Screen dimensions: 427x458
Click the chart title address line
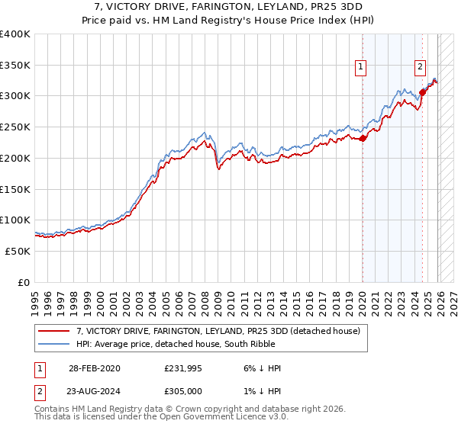tap(228, 7)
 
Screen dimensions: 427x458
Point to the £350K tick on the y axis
tap(15, 65)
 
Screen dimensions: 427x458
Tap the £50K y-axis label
tap(18, 251)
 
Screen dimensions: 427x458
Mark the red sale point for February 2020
tap(363, 138)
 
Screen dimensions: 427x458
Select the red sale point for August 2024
tap(422, 93)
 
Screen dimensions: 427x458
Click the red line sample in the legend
tap(53, 331)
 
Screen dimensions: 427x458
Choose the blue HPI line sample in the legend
tap(53, 344)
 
